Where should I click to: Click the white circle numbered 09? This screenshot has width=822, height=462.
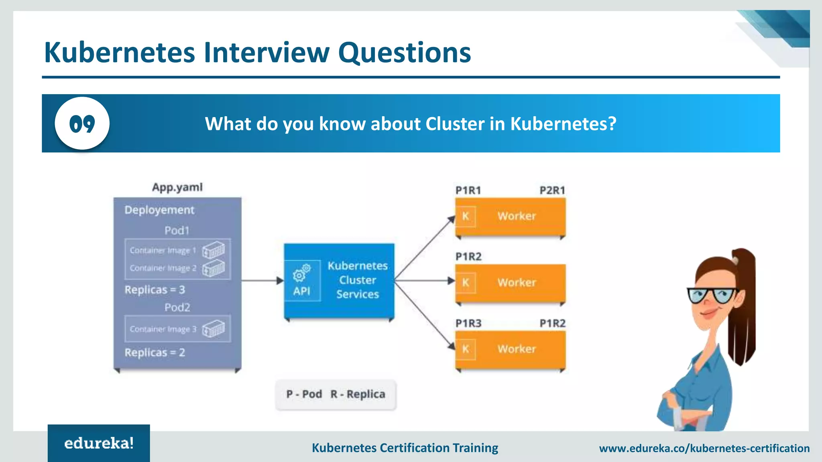pyautogui.click(x=82, y=123)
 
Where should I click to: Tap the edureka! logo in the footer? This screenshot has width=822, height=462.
pyautogui.click(x=99, y=443)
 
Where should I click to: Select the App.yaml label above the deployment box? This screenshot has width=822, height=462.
pyautogui.click(x=177, y=187)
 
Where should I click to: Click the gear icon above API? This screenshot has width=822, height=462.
pyautogui.click(x=301, y=273)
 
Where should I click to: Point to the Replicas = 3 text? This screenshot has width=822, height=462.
pyautogui.click(x=155, y=290)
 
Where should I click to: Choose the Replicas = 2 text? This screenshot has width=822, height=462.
pyautogui.click(x=155, y=353)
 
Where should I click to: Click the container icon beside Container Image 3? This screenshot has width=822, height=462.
pyautogui.click(x=214, y=329)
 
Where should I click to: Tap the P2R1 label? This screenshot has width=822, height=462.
pyautogui.click(x=552, y=190)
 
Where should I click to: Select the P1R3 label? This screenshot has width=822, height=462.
pyautogui.click(x=468, y=323)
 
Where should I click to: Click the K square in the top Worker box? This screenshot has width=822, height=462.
pyautogui.click(x=466, y=217)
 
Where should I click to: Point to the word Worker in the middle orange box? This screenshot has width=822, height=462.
pyautogui.click(x=517, y=283)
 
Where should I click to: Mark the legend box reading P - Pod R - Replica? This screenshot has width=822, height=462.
pyautogui.click(x=336, y=395)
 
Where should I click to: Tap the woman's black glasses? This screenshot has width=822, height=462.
pyautogui.click(x=712, y=296)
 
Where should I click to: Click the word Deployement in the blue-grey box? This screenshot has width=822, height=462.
pyautogui.click(x=159, y=210)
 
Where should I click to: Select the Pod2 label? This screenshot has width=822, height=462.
pyautogui.click(x=177, y=308)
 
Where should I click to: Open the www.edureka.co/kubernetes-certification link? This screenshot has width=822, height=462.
pyautogui.click(x=704, y=448)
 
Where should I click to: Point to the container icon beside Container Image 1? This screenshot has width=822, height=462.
pyautogui.click(x=214, y=251)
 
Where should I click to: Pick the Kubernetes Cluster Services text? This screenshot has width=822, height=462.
pyautogui.click(x=357, y=280)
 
